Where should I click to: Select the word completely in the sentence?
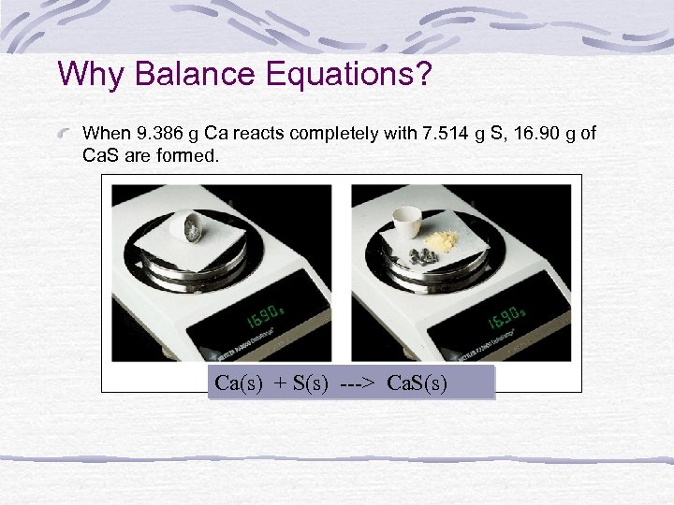335,134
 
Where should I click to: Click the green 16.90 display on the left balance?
263,315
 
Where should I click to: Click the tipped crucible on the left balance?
195,226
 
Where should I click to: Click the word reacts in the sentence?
264,134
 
